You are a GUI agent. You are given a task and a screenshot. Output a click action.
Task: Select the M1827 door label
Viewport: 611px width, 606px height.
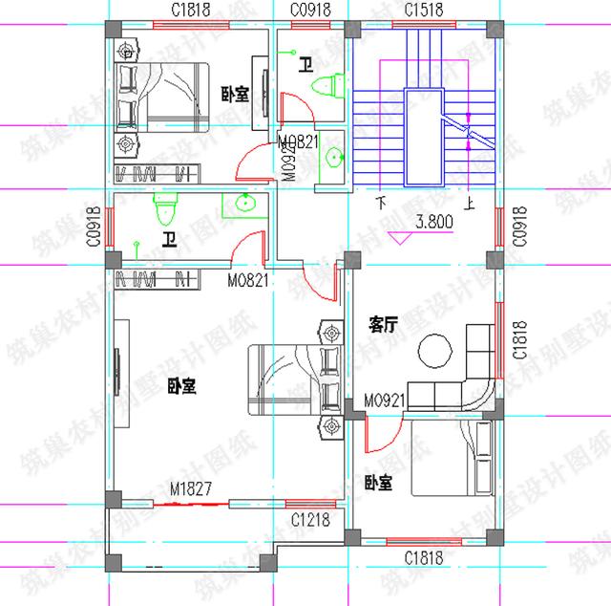pyautogui.click(x=190, y=489)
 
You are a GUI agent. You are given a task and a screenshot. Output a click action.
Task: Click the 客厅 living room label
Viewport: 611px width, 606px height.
pyautogui.click(x=383, y=326)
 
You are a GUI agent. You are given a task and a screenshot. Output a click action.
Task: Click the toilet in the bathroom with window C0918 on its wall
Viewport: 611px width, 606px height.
pyautogui.click(x=164, y=206)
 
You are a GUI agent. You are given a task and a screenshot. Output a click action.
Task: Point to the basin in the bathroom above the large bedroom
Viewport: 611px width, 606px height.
pyautogui.click(x=247, y=204)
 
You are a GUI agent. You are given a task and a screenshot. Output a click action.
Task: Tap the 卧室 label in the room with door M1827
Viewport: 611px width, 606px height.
pyautogui.click(x=180, y=386)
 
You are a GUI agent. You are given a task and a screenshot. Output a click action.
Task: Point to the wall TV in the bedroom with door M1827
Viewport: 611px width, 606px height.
pyautogui.click(x=116, y=368)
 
